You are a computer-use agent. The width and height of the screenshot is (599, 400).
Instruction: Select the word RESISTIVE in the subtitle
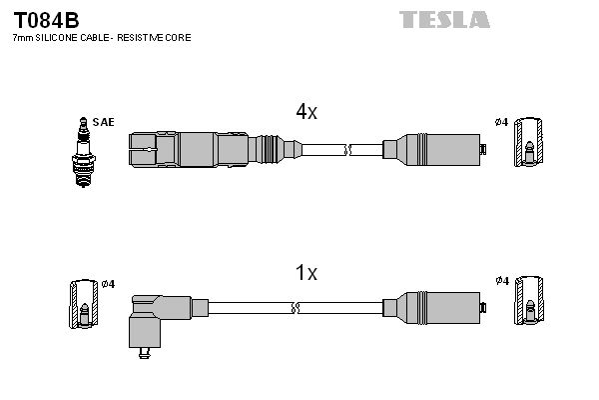coord(149,37)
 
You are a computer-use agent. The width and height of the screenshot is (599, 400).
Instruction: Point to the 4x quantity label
coord(305,112)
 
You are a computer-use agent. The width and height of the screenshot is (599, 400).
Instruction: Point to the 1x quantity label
coord(305,272)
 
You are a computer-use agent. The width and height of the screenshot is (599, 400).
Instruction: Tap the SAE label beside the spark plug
coord(103,122)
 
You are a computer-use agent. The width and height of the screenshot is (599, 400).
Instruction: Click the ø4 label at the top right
coord(501,122)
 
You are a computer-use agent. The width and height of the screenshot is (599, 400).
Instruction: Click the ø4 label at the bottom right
coord(501,282)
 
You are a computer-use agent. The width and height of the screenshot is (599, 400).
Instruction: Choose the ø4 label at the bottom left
coord(108,284)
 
